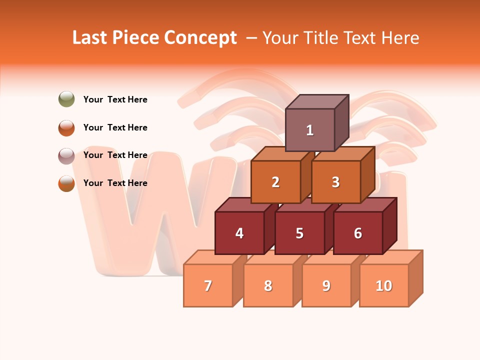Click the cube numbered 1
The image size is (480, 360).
(x=310, y=130)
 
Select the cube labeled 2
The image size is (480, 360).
(x=275, y=182)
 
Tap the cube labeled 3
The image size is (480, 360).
(x=335, y=182)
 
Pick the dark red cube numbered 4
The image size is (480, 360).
(x=239, y=233)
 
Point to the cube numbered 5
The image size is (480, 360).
(x=299, y=233)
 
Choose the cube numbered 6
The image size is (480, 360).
(x=358, y=233)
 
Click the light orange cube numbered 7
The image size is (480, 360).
(x=208, y=285)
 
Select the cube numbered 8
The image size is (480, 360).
(x=268, y=285)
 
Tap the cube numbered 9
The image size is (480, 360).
(x=326, y=285)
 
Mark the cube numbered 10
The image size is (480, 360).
(x=384, y=285)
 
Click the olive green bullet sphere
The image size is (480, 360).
(x=66, y=99)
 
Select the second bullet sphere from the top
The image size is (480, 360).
(x=66, y=127)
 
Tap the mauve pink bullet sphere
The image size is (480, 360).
(x=66, y=155)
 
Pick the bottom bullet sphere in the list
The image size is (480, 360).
(x=66, y=183)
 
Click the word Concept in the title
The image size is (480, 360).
(x=200, y=38)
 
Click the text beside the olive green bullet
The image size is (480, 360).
(x=115, y=99)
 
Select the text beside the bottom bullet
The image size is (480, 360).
(x=115, y=183)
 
